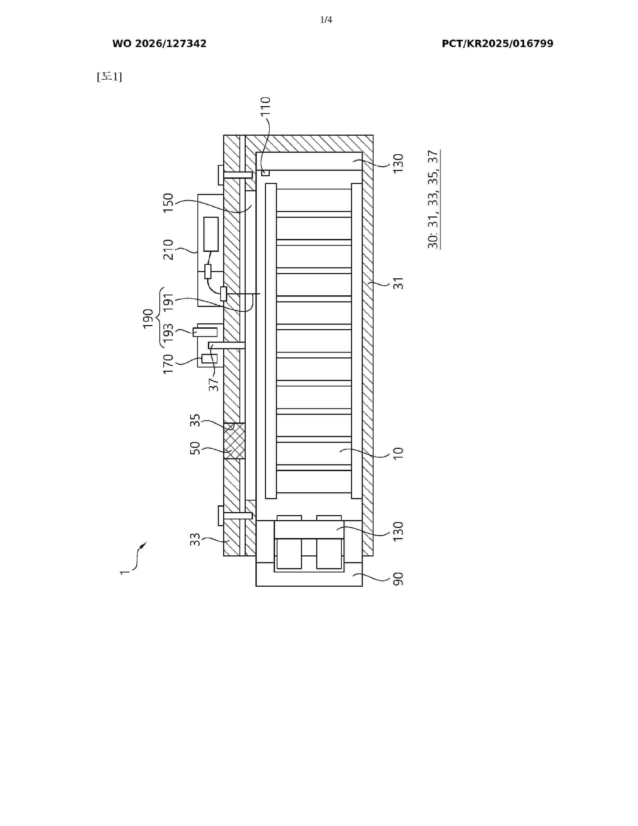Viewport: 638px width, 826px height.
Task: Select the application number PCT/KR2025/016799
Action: pyautogui.click(x=497, y=44)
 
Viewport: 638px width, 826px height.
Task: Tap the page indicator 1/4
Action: pyautogui.click(x=326, y=20)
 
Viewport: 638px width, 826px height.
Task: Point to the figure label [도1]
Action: pyautogui.click(x=109, y=77)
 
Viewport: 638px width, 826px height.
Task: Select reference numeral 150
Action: pyautogui.click(x=168, y=203)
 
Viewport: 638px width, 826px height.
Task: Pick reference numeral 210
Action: pyautogui.click(x=168, y=250)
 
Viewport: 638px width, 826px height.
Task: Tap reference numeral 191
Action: pyautogui.click(x=168, y=302)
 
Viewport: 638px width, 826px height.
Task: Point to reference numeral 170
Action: pyautogui.click(x=168, y=364)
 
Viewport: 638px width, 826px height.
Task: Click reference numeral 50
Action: pyautogui.click(x=195, y=448)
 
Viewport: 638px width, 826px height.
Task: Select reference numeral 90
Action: pyautogui.click(x=398, y=579)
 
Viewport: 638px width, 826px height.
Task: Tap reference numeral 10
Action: pyautogui.click(x=398, y=453)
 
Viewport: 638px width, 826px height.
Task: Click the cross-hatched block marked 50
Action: pyautogui.click(x=234, y=441)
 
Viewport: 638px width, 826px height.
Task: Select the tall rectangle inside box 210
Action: pyautogui.click(x=211, y=234)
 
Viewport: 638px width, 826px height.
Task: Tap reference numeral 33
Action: pyautogui.click(x=195, y=539)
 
